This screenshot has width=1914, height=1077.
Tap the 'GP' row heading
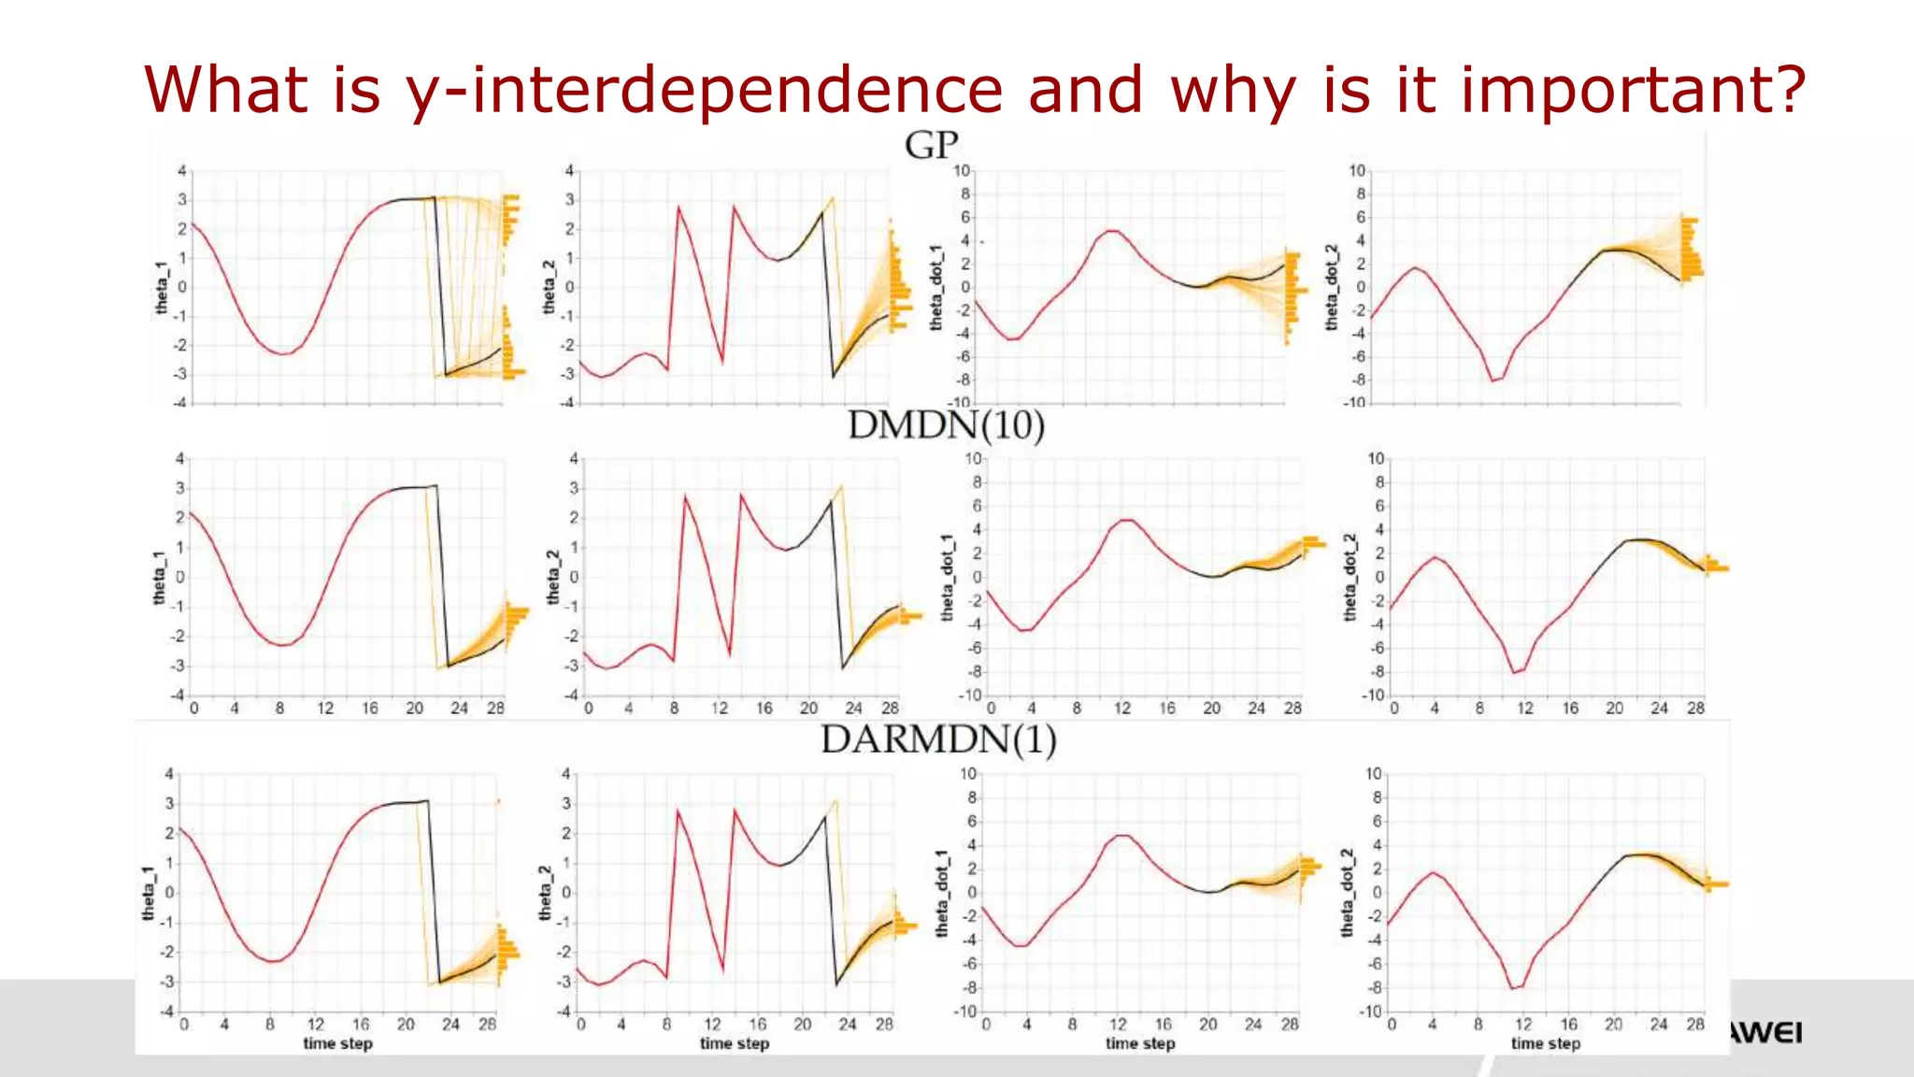pos(931,146)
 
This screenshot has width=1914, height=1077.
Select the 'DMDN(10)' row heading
pos(946,425)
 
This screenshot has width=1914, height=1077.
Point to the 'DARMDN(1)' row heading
pos(938,740)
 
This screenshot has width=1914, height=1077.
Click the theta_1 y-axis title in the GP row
pos(162,288)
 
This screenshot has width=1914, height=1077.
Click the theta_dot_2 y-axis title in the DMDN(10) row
pos(1350,577)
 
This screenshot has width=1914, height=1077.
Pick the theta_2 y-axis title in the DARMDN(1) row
pos(545,893)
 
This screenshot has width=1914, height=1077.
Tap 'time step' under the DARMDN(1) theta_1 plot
pos(337,1043)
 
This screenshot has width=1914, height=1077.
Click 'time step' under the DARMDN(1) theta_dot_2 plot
pos(1545,1043)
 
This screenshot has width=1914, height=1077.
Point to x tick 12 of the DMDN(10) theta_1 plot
pos(324,709)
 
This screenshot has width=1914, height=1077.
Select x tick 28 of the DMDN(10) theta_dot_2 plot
pos(1695,709)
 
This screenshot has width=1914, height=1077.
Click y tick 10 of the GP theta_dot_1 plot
pos(962,171)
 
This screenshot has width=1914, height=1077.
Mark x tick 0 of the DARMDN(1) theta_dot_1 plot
pos(986,1025)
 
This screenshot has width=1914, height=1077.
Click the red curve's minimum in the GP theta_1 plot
pos(282,353)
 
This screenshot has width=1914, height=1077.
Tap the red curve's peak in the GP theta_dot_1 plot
pos(1112,230)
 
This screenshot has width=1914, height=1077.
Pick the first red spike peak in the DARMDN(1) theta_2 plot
pos(679,811)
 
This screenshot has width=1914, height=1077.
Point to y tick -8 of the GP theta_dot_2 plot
pos(1360,381)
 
